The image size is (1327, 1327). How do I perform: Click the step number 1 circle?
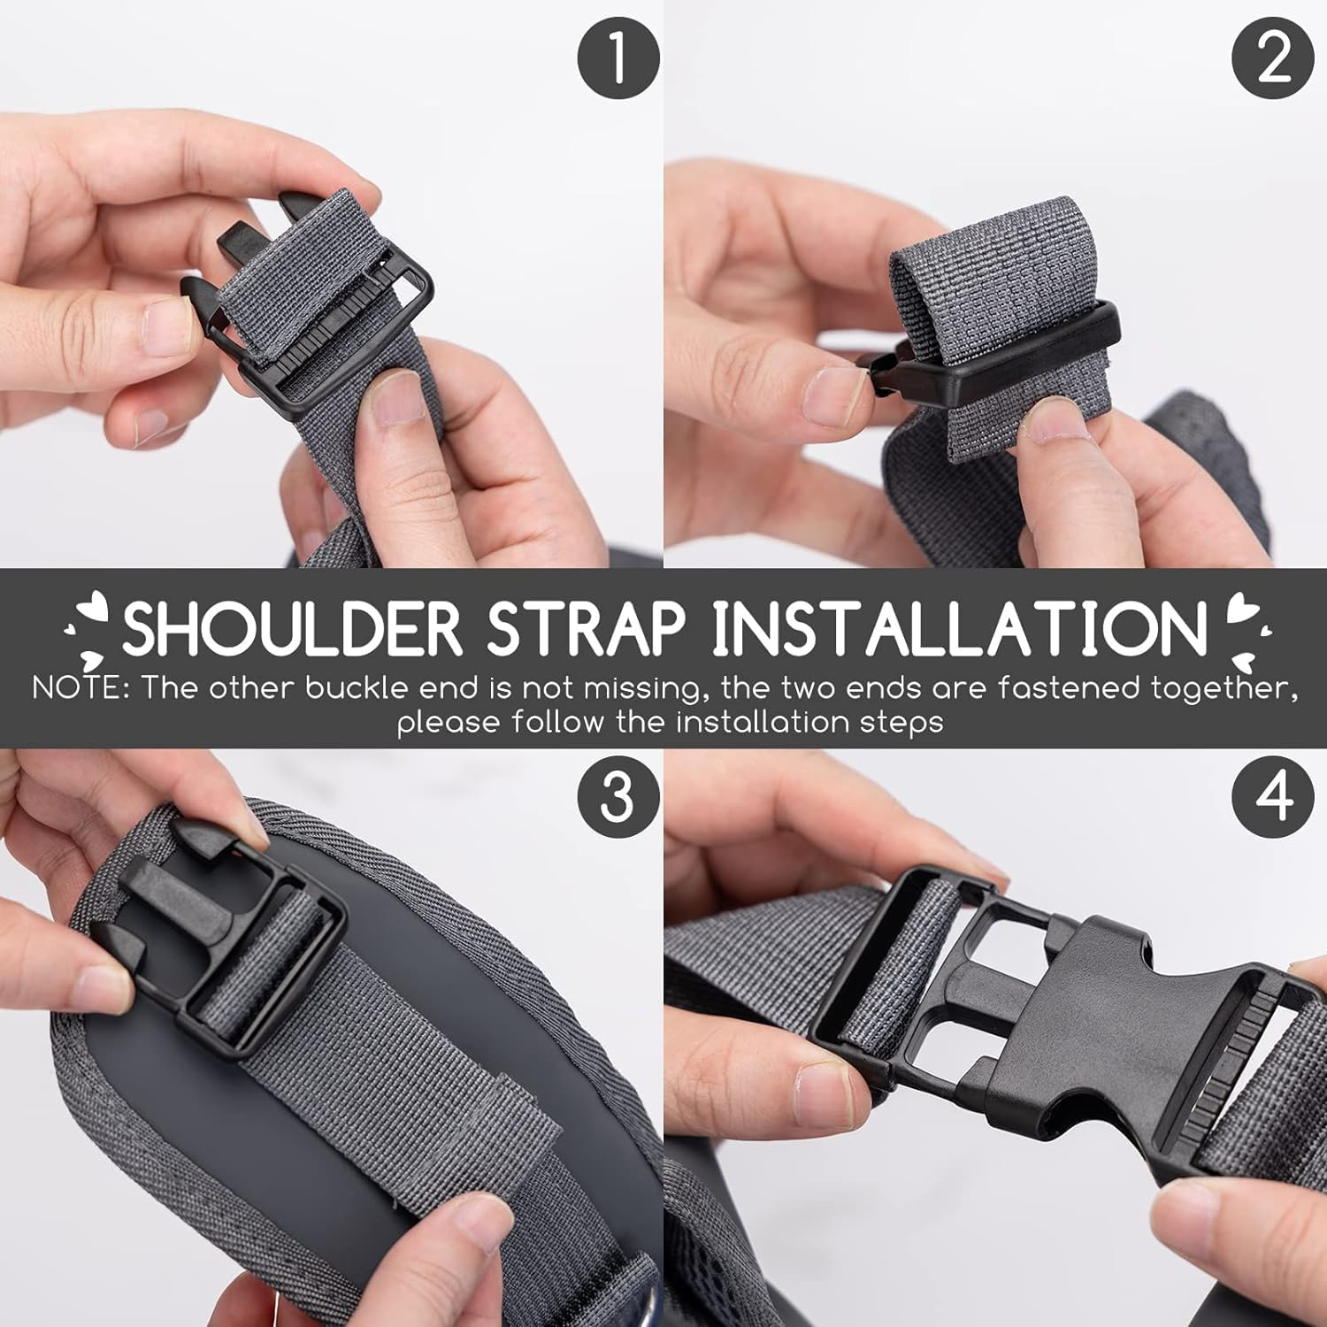coord(618,57)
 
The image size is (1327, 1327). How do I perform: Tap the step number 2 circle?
coord(1273,57)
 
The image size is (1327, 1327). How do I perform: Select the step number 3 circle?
coord(618,795)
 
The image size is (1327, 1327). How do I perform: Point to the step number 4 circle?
coord(1273,795)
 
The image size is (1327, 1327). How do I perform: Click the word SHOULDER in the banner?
coord(292,628)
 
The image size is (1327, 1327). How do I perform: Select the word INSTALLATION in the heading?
coord(960,628)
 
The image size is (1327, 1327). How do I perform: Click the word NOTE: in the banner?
coord(81,688)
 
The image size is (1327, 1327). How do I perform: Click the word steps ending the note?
coord(902,723)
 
